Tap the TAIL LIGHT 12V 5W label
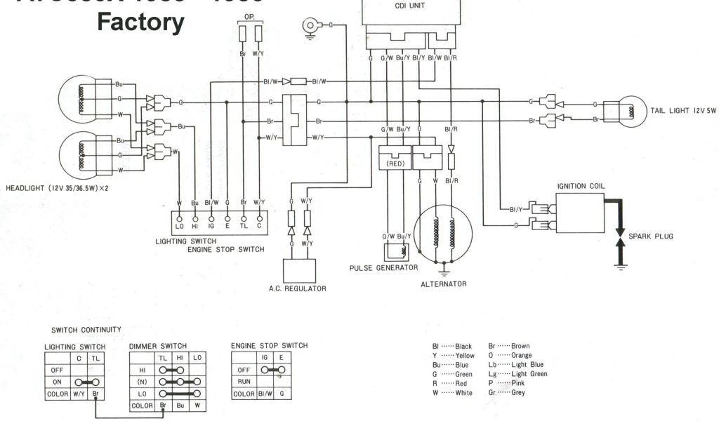[684, 111]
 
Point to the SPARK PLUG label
[652, 236]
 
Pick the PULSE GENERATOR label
[383, 268]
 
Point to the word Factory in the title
[140, 23]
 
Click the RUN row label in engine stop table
[243, 381]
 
